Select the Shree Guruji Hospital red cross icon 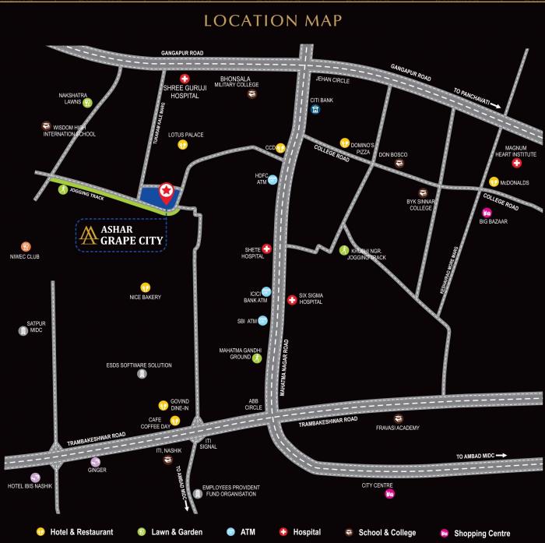click(185, 79)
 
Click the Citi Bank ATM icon click(315, 109)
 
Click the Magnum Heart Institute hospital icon click(516, 163)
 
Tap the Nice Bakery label click(145, 297)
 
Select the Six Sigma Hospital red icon click(292, 298)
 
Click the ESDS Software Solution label click(139, 365)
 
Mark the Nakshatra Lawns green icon click(88, 102)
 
